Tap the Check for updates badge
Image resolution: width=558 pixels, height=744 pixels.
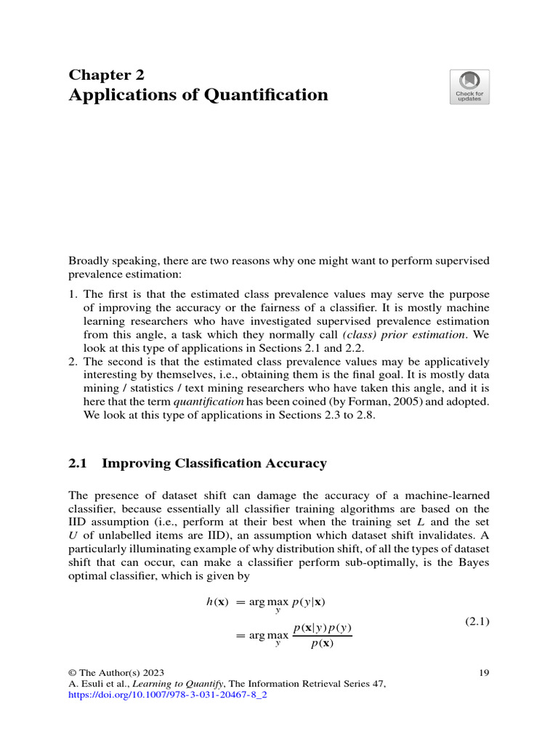(469, 86)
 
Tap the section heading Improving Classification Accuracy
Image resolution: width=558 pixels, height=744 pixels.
(214, 464)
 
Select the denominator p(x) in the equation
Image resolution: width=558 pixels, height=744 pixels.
(322, 643)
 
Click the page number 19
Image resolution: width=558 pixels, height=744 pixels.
(485, 673)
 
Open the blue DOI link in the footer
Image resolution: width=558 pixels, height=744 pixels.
(168, 695)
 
